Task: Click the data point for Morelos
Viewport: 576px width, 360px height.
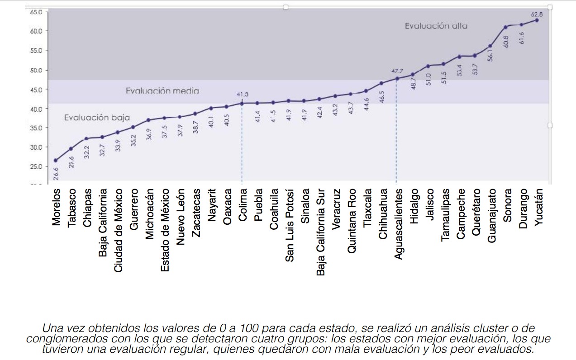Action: (x=56, y=161)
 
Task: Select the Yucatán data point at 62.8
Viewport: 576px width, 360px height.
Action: (x=537, y=20)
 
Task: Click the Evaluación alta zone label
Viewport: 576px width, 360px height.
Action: (x=436, y=26)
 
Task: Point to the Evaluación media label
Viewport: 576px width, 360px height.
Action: (x=162, y=91)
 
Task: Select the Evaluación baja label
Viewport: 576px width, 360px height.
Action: (x=97, y=118)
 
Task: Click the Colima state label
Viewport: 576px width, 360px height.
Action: (x=243, y=205)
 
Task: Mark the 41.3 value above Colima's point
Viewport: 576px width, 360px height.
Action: (x=243, y=95)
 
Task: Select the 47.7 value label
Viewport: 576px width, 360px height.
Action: (x=397, y=71)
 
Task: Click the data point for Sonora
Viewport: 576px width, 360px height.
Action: (x=506, y=27)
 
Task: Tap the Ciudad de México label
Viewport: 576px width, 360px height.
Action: (x=119, y=231)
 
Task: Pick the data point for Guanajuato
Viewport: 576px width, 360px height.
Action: (x=490, y=46)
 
